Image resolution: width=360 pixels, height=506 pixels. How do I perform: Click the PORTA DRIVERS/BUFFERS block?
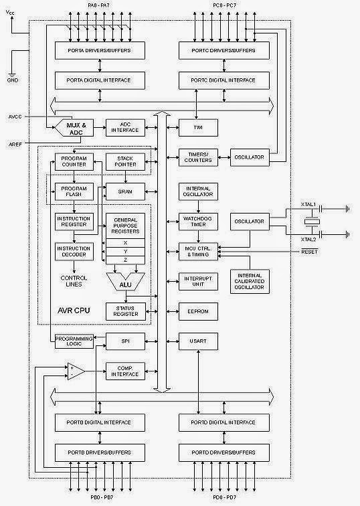pos(99,50)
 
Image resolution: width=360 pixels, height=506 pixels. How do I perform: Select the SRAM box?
pos(125,191)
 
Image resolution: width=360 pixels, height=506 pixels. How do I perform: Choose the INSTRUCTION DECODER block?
pos(73,252)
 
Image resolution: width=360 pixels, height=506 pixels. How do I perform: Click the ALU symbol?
pos(125,284)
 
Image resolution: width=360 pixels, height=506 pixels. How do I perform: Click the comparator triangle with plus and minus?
pos(74,371)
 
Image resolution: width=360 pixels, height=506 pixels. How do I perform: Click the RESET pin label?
pos(309,252)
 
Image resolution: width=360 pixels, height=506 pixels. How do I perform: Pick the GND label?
pos(12,80)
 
